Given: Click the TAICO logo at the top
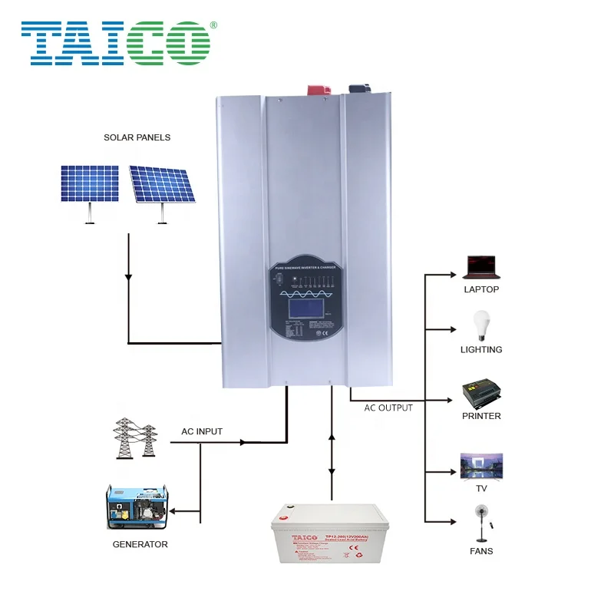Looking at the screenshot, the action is (x=115, y=42).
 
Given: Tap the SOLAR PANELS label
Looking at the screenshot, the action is (x=137, y=137).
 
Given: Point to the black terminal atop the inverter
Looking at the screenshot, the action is (x=358, y=90).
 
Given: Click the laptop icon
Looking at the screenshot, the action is (x=481, y=266).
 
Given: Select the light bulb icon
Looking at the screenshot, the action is (x=481, y=325).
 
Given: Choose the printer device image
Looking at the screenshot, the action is (x=482, y=393).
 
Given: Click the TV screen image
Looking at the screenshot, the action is (x=481, y=465).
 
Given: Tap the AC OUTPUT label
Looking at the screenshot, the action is (x=388, y=408).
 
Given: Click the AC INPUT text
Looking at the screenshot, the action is (x=202, y=431).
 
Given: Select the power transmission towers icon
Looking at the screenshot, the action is (x=135, y=440).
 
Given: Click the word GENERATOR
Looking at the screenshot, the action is (x=139, y=544).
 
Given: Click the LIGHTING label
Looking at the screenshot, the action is (x=482, y=349).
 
